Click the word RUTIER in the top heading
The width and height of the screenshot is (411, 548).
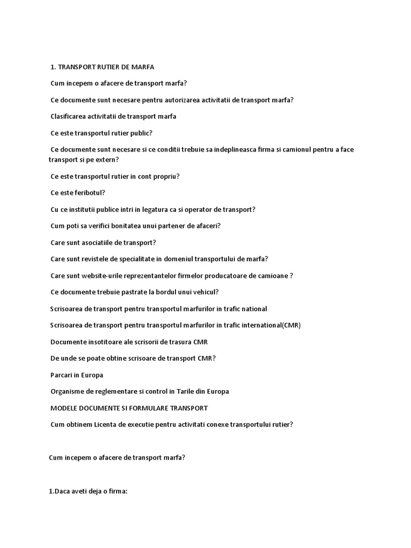110,67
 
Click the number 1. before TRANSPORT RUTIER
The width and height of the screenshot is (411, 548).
53,67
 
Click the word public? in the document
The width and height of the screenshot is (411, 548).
141,133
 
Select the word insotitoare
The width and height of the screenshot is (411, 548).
105,342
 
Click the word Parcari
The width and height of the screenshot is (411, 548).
62,375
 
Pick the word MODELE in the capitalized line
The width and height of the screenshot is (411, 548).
65,408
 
